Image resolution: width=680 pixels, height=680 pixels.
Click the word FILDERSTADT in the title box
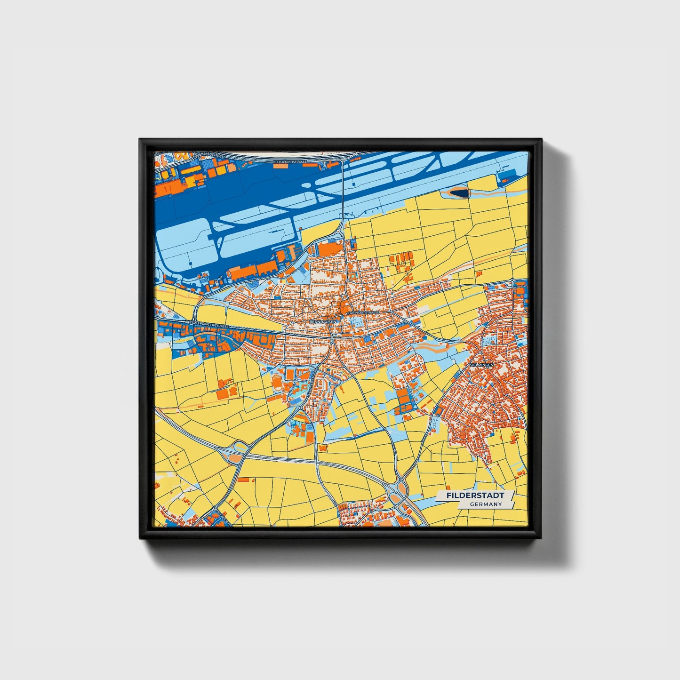[475, 496]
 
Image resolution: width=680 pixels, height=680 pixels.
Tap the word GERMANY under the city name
[486, 504]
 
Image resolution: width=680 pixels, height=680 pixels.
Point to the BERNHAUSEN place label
[323, 321]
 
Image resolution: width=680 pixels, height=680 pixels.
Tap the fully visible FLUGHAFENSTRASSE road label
[290, 162]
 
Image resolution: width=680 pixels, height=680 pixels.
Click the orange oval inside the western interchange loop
[234, 458]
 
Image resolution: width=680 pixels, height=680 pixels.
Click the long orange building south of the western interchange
[245, 480]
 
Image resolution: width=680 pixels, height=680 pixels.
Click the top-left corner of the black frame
[140, 139]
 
